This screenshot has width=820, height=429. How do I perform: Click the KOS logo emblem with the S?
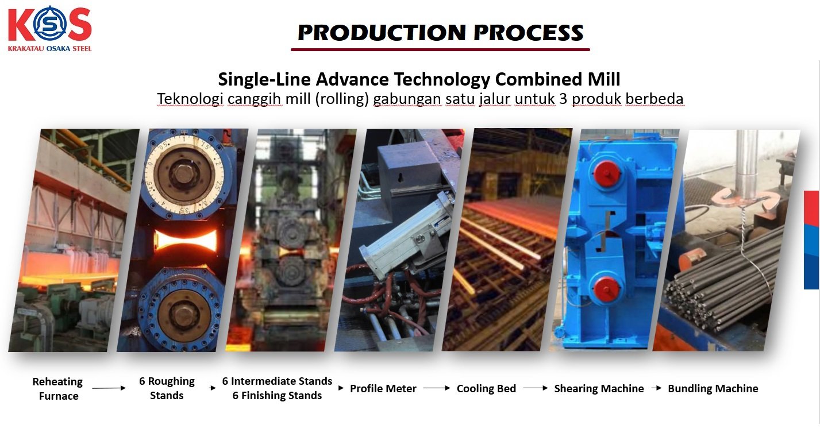coord(50,24)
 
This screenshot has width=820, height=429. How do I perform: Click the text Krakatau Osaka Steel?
coord(50,49)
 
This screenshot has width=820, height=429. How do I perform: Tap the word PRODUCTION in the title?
coord(382,33)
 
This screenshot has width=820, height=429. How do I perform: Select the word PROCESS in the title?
coord(528,33)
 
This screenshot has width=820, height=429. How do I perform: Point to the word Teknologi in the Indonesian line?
coord(190,99)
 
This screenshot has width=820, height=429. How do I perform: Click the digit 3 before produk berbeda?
coord(563,99)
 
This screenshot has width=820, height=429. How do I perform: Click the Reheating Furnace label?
coord(58,389)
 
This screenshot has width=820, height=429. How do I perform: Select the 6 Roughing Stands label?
coord(167,388)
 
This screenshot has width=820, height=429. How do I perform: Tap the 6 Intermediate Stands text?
coord(277,381)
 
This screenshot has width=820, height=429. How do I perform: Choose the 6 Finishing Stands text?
coord(277,396)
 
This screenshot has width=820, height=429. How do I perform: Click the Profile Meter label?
coord(383,388)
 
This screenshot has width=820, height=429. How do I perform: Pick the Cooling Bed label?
coord(486,388)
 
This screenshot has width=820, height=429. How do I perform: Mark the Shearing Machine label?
coord(599,388)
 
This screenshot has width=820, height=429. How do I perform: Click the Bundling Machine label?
coord(713,388)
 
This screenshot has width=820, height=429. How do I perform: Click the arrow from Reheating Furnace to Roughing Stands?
coord(109,388)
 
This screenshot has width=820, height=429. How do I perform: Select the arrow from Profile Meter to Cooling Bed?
coord(437,388)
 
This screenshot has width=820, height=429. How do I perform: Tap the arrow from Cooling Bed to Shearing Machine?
coord(536,388)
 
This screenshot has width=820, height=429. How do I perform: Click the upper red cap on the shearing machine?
coord(607,173)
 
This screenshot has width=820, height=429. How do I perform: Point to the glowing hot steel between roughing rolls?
coord(186,240)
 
